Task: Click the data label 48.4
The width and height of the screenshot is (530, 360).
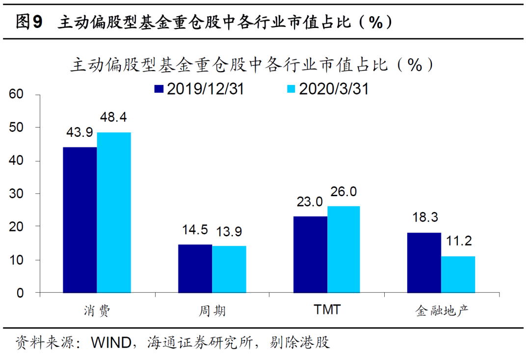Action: [x=114, y=119]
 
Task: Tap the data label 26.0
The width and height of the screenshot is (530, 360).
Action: [x=344, y=191]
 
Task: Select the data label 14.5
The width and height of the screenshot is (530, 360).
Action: [x=195, y=231]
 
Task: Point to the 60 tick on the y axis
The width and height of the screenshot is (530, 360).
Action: [x=17, y=94]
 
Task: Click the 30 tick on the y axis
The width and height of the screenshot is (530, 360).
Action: [x=17, y=194]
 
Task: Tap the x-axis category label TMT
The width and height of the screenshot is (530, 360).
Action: [x=326, y=310]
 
